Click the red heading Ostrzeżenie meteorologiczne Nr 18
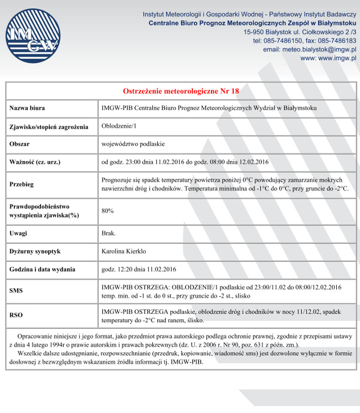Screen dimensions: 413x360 coord(181,91)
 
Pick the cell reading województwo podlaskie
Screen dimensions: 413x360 coord(133,144)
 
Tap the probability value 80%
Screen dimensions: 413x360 coord(108,211)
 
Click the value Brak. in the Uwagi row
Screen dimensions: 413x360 coord(109,234)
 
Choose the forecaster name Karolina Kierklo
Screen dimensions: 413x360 coord(124,251)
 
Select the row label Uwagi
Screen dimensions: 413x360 coord(18,234)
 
